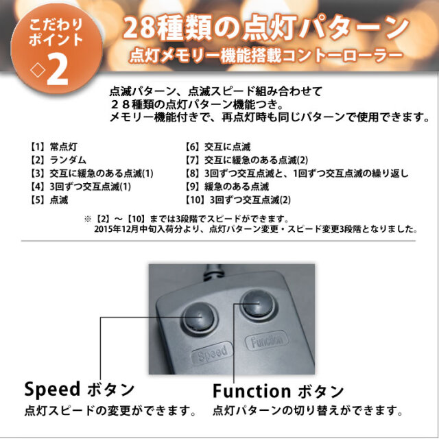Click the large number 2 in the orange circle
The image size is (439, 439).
coord(58,70)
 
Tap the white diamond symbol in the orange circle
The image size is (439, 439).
coord(38,70)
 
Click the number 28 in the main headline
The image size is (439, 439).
coord(139,28)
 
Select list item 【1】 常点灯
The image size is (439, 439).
coord(54,146)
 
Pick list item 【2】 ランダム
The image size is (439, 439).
coord(58,160)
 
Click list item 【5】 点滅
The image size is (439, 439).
coord(49,200)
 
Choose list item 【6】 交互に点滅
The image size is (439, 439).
coord(218,146)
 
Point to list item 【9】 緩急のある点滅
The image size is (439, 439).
coord(227,187)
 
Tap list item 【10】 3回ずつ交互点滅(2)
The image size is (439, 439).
coord(238,200)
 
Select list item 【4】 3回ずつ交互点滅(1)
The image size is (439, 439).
coord(81,187)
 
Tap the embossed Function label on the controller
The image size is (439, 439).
coord(267,341)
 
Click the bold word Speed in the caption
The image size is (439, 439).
coord(52,390)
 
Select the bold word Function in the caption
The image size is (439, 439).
coord(252,391)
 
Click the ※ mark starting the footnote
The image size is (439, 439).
coord(88,219)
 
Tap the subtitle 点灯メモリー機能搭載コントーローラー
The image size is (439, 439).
coord(265,56)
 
